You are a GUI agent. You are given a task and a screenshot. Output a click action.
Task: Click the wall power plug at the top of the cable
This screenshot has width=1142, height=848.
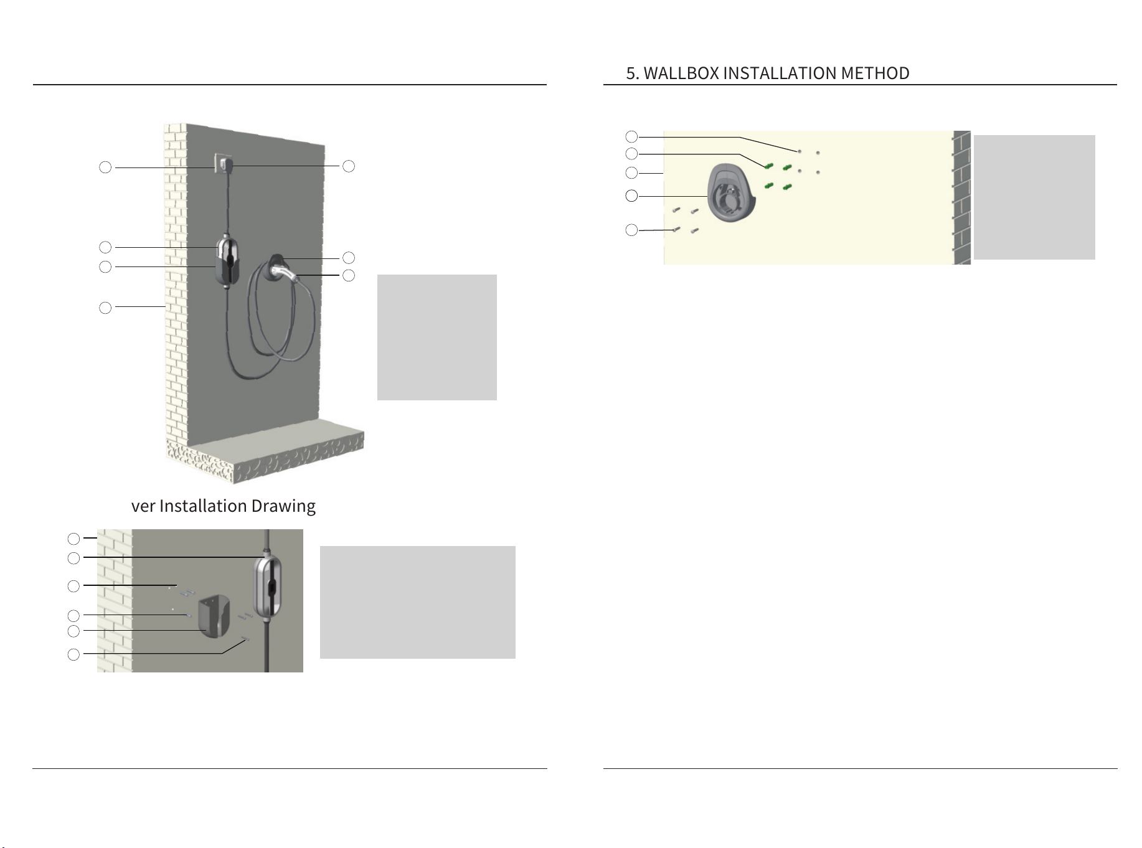pyautogui.click(x=227, y=166)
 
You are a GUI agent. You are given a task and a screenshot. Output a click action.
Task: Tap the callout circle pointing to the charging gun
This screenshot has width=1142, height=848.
pyautogui.click(x=349, y=275)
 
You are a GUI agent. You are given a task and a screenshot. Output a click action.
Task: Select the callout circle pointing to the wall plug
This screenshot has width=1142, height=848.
pyautogui.click(x=349, y=166)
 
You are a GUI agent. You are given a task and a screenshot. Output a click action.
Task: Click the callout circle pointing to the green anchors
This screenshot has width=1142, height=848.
pyautogui.click(x=631, y=154)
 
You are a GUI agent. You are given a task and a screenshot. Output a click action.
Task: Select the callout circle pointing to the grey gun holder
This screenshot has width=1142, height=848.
pyautogui.click(x=631, y=196)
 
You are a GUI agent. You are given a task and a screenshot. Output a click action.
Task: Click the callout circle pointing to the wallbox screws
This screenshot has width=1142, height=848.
pyautogui.click(x=631, y=230)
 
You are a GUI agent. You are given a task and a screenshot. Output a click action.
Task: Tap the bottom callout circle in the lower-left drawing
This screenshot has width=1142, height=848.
pyautogui.click(x=73, y=654)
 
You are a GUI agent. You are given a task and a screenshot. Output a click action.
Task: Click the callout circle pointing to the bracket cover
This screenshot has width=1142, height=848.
pyautogui.click(x=73, y=631)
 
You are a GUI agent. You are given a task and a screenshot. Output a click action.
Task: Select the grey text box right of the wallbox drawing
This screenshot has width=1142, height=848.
pyautogui.click(x=1034, y=197)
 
